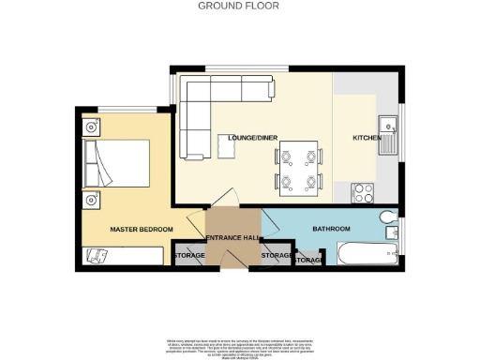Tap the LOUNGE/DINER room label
(239, 138)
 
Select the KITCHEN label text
(365, 138)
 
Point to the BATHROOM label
(331, 229)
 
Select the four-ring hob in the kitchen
(363, 192)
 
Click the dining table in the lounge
(297, 167)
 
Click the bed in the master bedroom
(115, 163)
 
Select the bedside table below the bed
(92, 199)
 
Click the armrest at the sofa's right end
(273, 89)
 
